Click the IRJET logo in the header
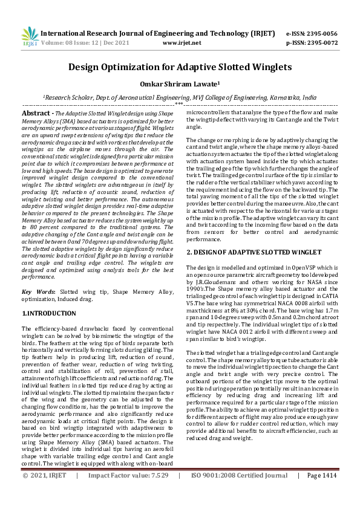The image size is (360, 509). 30,37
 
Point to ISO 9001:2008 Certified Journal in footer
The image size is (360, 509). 240,493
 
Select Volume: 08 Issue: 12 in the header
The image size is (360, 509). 75,44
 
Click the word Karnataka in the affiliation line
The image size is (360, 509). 284,97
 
